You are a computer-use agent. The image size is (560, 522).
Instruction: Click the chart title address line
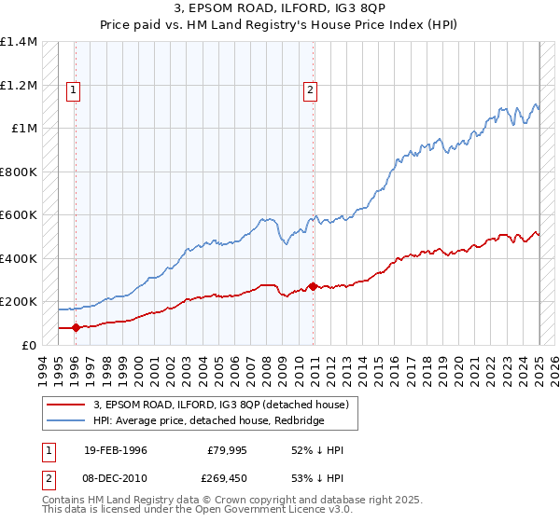point(280,8)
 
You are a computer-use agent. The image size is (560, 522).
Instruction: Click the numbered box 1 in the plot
point(73,90)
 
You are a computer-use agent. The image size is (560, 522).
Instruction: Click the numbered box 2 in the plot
point(310,90)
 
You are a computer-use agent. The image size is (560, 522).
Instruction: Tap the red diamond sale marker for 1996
point(76,328)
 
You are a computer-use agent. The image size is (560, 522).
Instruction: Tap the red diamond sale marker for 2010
point(313,287)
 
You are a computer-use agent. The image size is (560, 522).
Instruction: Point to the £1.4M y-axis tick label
point(19,43)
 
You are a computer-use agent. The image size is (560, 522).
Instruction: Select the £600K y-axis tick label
point(19,215)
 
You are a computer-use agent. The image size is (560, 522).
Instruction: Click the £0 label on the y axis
point(29,345)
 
